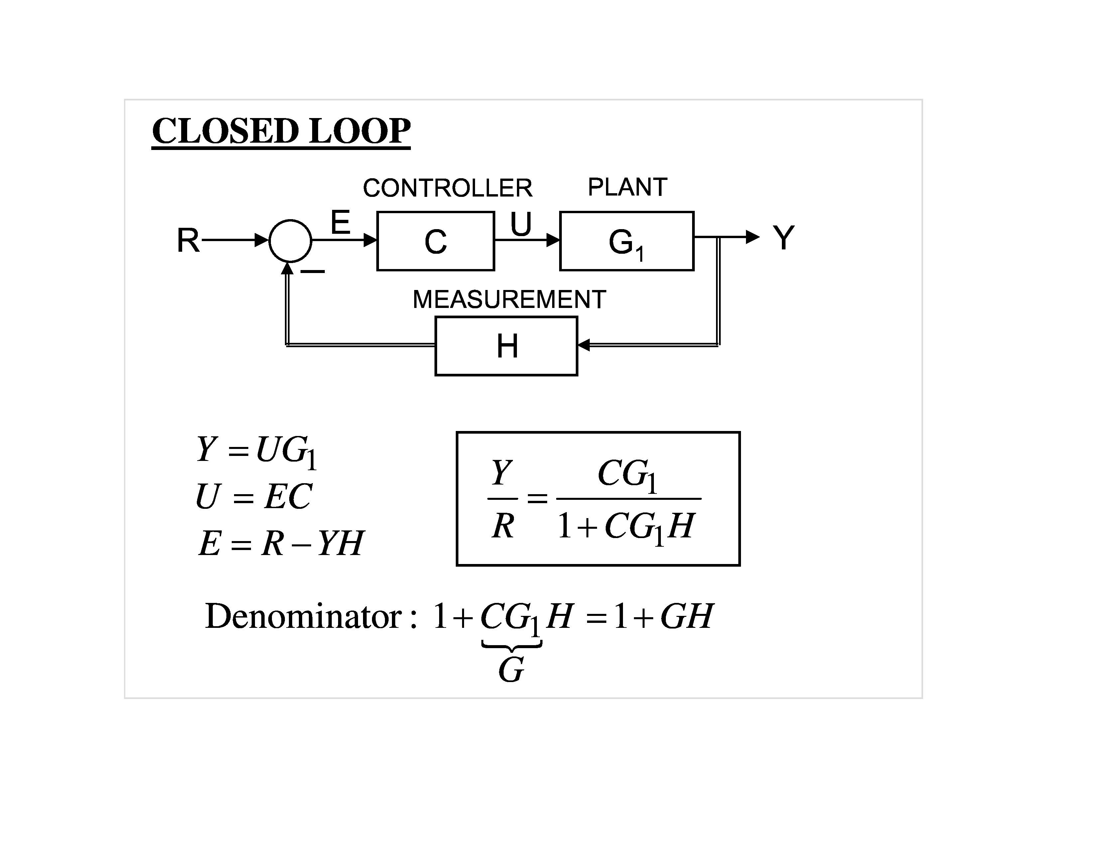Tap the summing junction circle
[290, 241]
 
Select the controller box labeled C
[435, 241]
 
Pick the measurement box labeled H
[506, 346]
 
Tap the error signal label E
[340, 222]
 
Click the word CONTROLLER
[447, 188]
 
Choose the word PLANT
[627, 187]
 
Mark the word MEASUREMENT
[509, 299]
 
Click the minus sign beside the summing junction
[312, 271]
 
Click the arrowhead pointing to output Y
[752, 237]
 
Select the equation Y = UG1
[256, 451]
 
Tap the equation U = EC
[254, 496]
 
